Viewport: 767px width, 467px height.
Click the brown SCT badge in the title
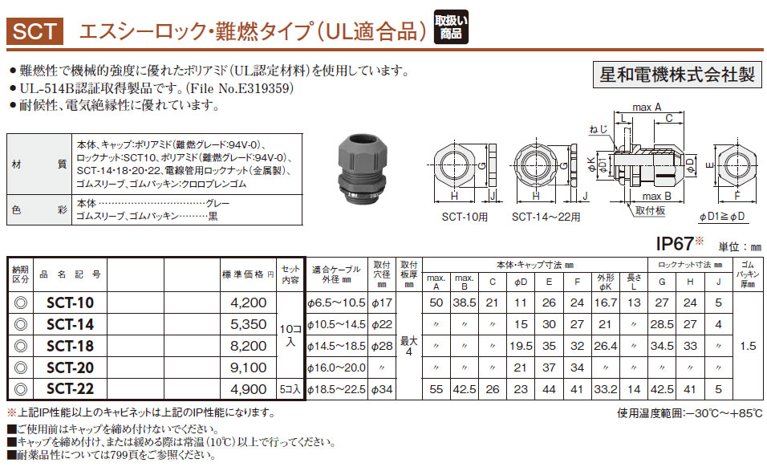point(34,31)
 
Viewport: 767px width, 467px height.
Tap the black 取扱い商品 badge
point(451,27)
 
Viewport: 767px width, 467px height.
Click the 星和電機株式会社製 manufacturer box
point(677,75)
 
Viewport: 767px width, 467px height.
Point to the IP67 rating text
point(675,243)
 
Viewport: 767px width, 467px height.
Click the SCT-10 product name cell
point(70,303)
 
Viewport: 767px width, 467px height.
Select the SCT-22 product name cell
point(70,388)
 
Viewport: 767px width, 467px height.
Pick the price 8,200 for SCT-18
point(249,346)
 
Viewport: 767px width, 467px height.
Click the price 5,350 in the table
point(249,324)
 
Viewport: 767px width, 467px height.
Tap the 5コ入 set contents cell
point(291,389)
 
